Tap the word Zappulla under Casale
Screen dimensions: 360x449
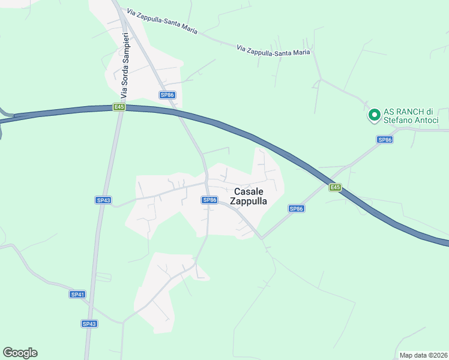(x=247, y=202)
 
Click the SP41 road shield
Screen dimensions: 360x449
(x=77, y=295)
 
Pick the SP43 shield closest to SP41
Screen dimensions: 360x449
(x=89, y=323)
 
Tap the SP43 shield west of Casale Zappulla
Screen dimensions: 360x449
(x=103, y=200)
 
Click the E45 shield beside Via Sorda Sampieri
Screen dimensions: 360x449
(x=119, y=107)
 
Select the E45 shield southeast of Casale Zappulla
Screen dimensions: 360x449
(x=335, y=188)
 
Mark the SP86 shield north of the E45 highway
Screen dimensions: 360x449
(x=167, y=95)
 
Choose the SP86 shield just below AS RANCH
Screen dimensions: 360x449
(x=385, y=140)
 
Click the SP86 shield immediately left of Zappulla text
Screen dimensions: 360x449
(x=209, y=200)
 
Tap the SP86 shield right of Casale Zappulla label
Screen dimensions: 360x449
(x=297, y=209)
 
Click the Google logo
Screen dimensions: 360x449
(x=20, y=353)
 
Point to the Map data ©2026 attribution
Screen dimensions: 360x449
(x=423, y=355)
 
